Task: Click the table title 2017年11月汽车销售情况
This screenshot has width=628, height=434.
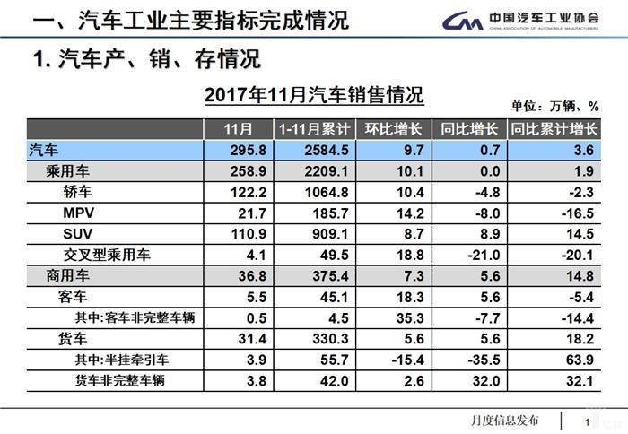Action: (314, 95)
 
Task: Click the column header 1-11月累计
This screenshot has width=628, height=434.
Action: (314, 129)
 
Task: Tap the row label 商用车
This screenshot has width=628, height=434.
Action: (70, 275)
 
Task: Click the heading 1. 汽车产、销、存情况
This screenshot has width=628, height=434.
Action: (146, 60)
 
